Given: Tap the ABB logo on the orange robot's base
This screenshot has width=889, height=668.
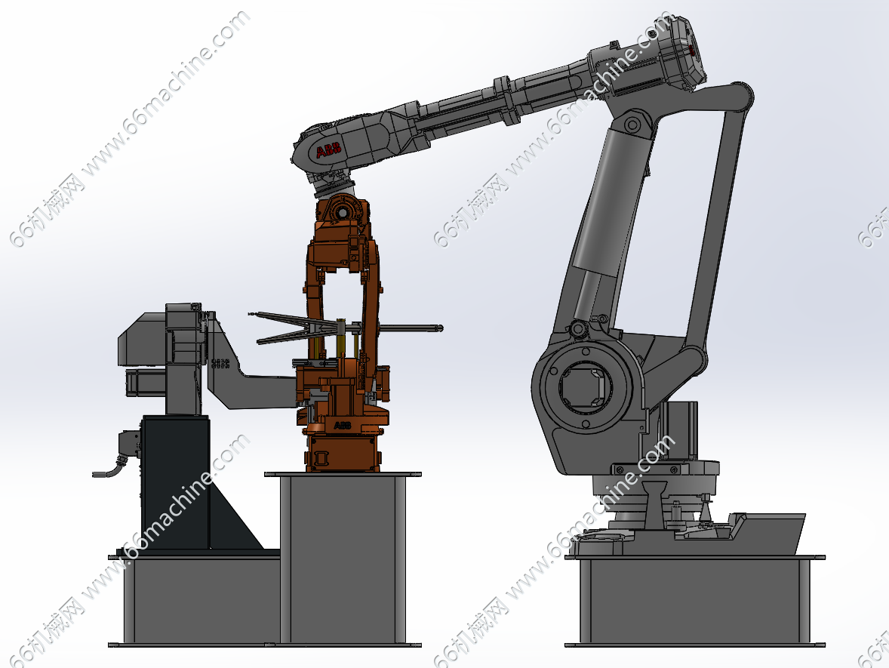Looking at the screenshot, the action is [x=342, y=425].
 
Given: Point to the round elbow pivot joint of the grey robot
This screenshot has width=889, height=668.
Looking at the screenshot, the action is [x=632, y=125].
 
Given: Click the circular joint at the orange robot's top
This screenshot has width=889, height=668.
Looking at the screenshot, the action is [x=342, y=211].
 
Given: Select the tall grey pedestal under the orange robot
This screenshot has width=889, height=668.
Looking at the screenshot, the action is [x=343, y=559].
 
